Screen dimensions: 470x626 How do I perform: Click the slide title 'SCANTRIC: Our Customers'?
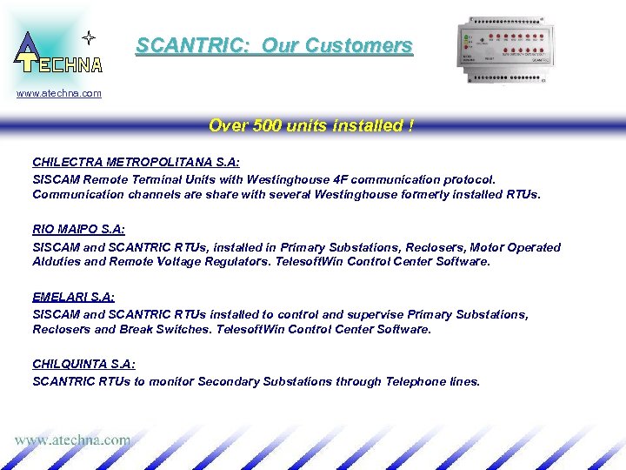(x=274, y=46)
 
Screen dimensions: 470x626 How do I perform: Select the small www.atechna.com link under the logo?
(x=59, y=93)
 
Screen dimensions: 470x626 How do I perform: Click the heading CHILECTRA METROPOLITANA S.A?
(x=136, y=162)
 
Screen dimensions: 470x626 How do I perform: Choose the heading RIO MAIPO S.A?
(x=78, y=229)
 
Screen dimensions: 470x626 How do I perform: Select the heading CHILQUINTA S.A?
(x=83, y=364)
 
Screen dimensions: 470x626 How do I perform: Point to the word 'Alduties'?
(x=57, y=261)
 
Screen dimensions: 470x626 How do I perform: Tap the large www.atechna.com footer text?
(x=72, y=440)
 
